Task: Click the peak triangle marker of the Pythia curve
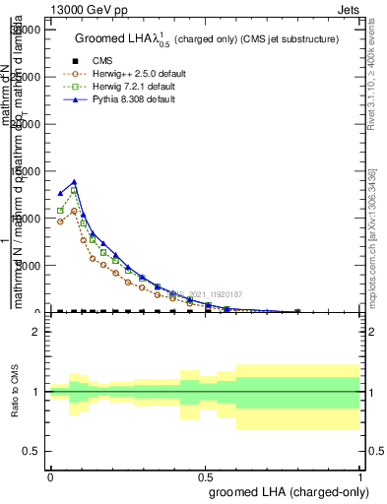click(x=74, y=182)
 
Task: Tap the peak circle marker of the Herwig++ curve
click(x=74, y=212)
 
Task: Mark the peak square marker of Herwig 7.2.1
click(x=74, y=190)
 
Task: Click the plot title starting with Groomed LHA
click(x=207, y=38)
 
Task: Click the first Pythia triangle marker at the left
click(x=61, y=194)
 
